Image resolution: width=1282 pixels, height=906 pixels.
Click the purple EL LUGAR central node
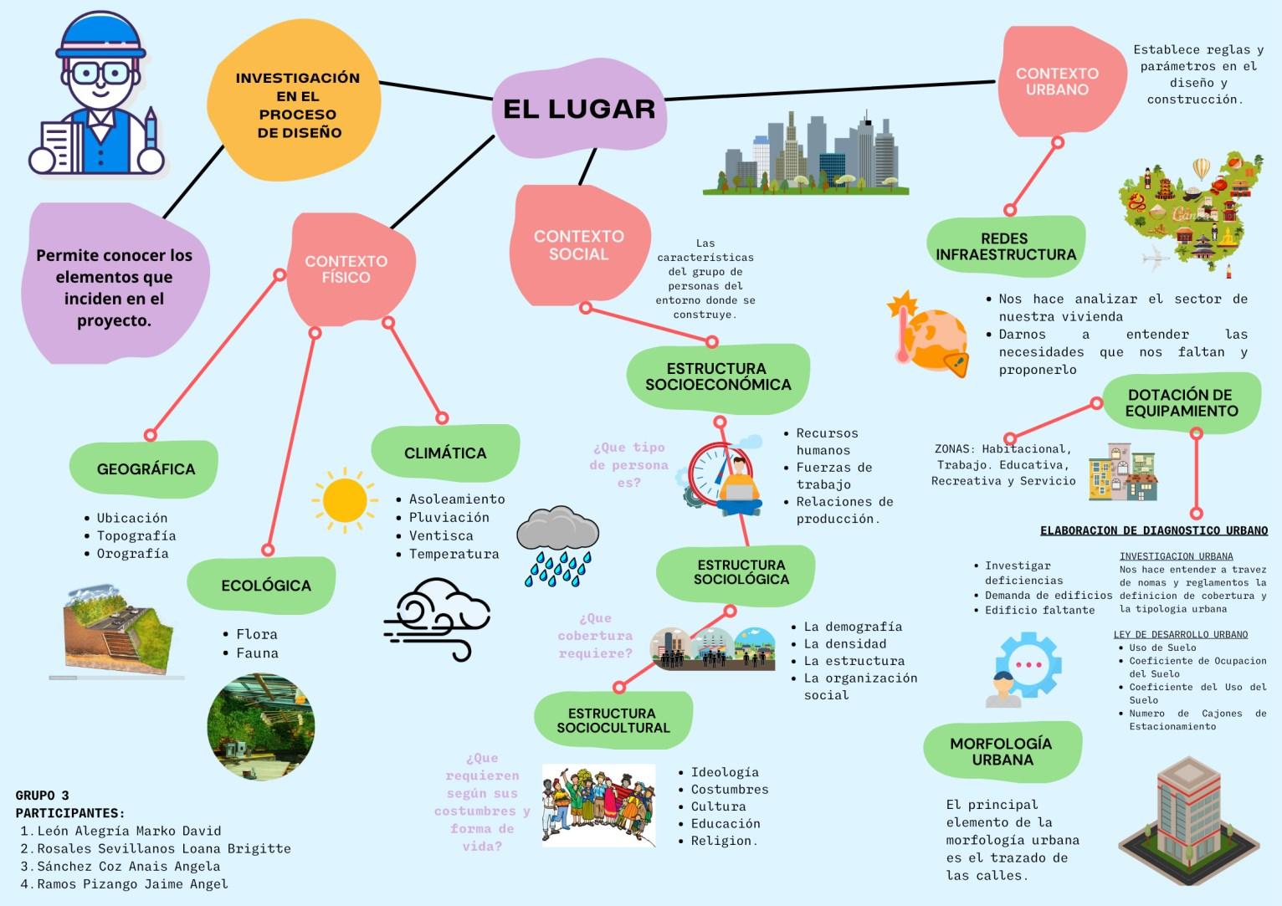[x=579, y=109]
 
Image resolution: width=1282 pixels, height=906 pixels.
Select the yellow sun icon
[x=344, y=499]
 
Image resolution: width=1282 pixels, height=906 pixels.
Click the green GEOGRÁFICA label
[x=145, y=468]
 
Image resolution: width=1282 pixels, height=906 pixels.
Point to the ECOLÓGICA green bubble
[x=264, y=585]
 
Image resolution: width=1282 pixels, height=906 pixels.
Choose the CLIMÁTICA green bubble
[x=444, y=453]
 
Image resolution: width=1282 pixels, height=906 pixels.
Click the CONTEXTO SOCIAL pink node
[x=578, y=245]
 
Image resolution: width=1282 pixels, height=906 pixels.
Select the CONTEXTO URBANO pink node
[x=1057, y=82]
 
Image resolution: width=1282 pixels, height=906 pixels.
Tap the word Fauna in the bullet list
[x=257, y=653]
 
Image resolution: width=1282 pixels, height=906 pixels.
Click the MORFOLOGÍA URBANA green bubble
[x=1001, y=751]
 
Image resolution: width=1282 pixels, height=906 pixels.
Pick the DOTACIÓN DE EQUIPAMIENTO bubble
[x=1181, y=402]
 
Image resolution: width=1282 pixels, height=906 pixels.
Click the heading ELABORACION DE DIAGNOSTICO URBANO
[x=1153, y=530]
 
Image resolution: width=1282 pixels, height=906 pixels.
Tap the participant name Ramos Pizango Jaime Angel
[x=132, y=883]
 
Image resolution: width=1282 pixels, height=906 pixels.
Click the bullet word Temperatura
[x=454, y=554]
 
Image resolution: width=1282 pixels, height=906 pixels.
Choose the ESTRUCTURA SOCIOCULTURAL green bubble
[x=613, y=720]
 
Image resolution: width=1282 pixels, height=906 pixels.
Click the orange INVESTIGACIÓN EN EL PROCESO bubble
[x=297, y=105]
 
